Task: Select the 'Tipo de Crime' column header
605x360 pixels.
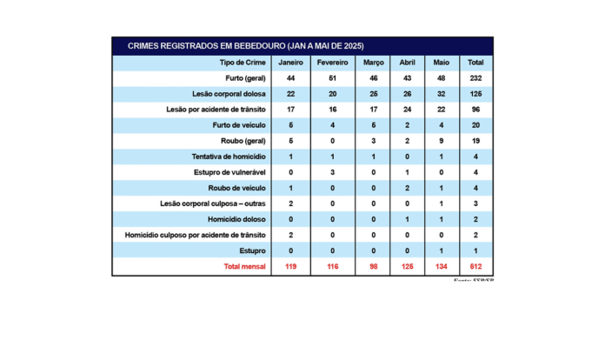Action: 243,63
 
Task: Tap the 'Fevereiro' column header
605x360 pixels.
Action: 332,63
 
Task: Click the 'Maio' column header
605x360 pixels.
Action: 442,63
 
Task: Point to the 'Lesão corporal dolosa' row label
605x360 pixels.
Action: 229,94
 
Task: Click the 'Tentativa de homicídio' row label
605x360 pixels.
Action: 229,157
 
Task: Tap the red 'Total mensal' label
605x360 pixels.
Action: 245,266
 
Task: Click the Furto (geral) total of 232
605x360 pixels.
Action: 475,78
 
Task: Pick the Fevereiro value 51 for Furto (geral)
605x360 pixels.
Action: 332,78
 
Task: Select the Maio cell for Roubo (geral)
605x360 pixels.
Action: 442,141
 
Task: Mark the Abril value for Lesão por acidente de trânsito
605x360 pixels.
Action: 407,110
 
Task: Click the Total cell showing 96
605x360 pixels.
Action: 475,110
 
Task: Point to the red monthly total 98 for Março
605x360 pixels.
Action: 373,266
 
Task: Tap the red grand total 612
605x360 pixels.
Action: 475,266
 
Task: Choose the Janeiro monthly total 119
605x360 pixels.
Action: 290,266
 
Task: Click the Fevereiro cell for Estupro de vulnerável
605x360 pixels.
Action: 332,172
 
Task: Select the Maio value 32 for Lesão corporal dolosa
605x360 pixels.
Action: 442,94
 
